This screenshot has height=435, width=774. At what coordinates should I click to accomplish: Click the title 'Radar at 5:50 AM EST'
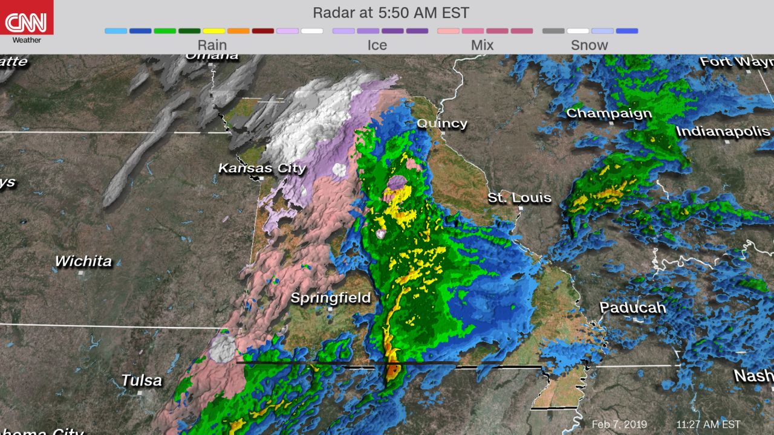click(391, 13)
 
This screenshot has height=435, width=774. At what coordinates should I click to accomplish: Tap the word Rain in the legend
click(212, 45)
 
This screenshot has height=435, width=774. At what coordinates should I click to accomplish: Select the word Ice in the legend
click(377, 45)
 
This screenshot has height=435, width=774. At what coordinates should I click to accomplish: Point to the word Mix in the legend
click(482, 45)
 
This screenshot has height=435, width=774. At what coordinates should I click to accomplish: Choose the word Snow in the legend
click(590, 45)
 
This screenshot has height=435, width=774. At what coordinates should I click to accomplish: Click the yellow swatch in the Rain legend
click(214, 31)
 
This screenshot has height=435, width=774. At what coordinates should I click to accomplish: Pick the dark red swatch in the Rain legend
click(263, 31)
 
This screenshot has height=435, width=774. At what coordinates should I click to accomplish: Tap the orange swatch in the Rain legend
click(238, 31)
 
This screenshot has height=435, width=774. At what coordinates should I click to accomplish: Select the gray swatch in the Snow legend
click(553, 31)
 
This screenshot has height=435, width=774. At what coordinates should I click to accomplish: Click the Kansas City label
click(262, 168)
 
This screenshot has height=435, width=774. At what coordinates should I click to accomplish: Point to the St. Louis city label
click(520, 198)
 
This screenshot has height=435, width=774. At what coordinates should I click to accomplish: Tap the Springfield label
click(330, 298)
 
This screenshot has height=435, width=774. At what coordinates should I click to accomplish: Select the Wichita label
click(83, 261)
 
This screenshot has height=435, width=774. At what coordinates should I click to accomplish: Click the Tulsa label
click(141, 380)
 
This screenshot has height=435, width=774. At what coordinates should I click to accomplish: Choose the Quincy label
click(442, 123)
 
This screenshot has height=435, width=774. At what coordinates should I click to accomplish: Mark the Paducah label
click(633, 308)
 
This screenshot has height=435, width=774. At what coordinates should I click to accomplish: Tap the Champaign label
click(609, 113)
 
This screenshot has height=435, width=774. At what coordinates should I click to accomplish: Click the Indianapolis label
click(723, 131)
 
